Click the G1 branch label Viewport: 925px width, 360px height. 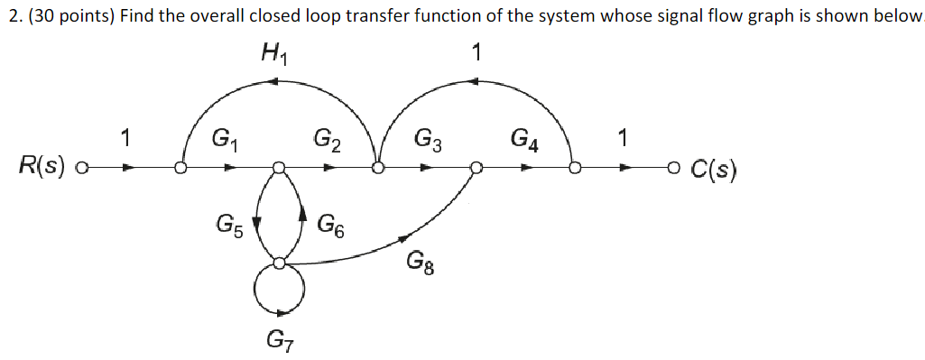(223, 140)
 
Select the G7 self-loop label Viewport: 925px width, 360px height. (279, 341)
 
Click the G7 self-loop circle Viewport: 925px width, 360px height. (280, 289)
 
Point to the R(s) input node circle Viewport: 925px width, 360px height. (83, 168)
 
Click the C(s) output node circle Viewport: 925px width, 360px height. (671, 168)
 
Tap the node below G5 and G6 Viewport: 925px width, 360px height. (280, 263)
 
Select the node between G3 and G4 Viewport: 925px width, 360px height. (476, 168)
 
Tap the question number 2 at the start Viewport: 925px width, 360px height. (8, 17)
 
